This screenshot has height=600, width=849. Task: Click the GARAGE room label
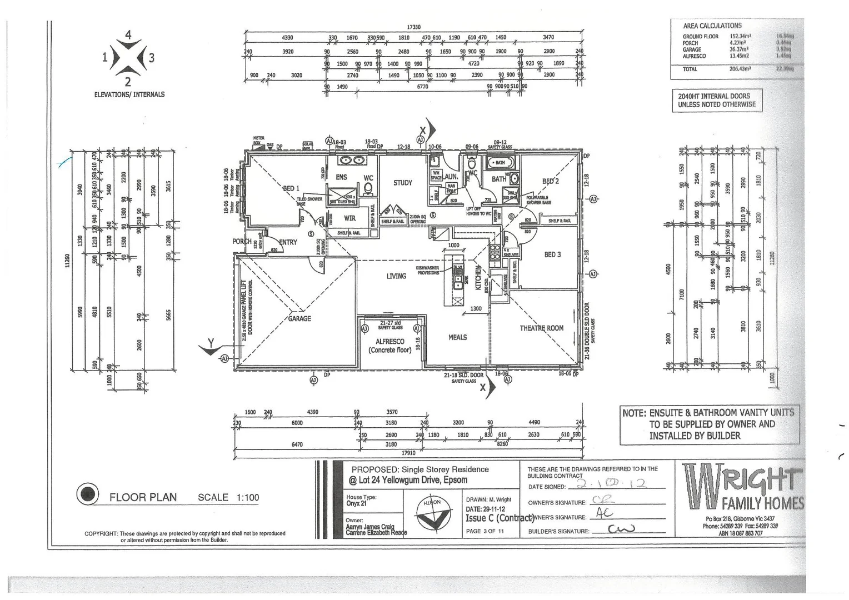[299, 319]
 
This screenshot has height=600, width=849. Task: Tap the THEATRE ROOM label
[541, 328]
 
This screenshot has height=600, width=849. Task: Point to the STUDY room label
[403, 183]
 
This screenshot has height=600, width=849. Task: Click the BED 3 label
[552, 254]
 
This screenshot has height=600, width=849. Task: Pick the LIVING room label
[396, 276]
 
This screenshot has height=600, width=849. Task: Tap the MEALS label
[457, 337]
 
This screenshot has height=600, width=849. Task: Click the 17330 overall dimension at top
[413, 27]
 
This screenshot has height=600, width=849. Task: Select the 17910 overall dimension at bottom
[408, 453]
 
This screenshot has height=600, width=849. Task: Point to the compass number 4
[128, 35]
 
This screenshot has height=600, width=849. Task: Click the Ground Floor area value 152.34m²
[740, 37]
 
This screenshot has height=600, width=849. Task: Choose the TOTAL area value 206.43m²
[740, 69]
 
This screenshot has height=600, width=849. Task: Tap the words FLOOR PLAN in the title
[143, 497]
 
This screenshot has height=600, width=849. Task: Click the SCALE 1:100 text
[228, 497]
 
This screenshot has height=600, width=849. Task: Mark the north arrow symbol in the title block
[432, 513]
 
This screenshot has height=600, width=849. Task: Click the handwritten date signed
[611, 484]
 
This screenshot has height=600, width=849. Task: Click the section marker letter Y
[211, 343]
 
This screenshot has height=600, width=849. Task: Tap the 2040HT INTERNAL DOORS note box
[717, 101]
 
